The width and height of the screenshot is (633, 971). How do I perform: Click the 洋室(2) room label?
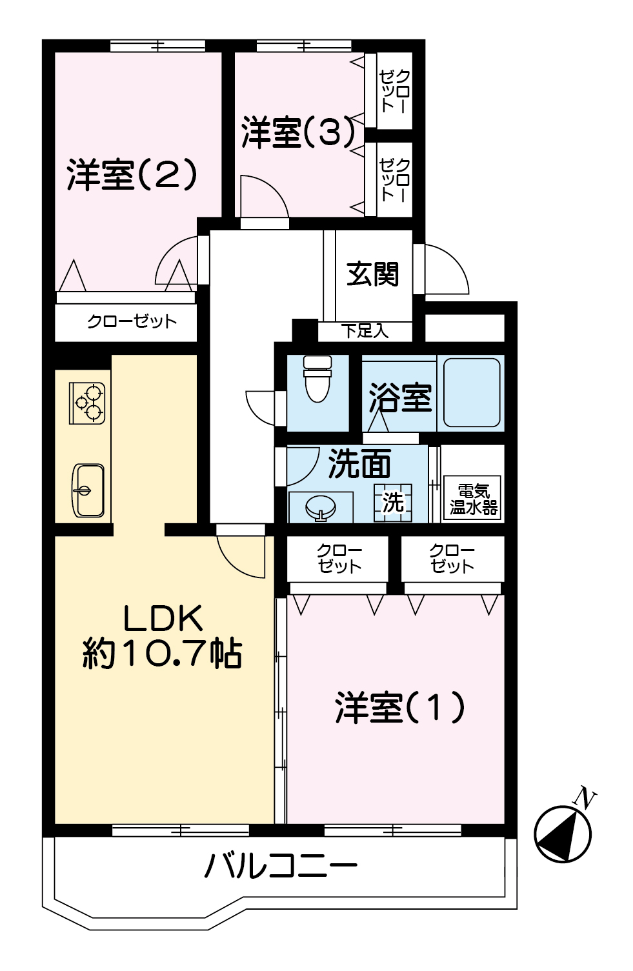click(132, 174)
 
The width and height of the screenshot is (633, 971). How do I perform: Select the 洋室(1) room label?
click(400, 708)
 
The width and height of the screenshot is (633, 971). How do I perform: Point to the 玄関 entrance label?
click(373, 274)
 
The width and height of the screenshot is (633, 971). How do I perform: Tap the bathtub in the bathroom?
click(472, 392)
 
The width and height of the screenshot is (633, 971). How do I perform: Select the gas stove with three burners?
click(87, 403)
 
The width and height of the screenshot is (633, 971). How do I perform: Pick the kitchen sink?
click(87, 490)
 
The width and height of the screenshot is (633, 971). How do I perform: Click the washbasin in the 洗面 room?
click(320, 507)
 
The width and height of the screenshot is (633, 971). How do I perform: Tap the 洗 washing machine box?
click(393, 503)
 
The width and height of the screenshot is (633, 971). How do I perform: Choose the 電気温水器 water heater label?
click(474, 499)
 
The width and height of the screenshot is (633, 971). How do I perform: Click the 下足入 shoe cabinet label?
click(365, 332)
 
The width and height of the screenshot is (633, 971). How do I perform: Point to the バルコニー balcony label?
click(280, 866)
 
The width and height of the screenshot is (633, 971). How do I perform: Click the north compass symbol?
click(563, 832)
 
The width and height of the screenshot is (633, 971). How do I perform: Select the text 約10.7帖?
click(162, 654)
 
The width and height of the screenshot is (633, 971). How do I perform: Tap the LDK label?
click(163, 618)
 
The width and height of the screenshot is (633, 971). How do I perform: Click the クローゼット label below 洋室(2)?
click(132, 321)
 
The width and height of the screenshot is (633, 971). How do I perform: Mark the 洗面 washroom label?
click(359, 464)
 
